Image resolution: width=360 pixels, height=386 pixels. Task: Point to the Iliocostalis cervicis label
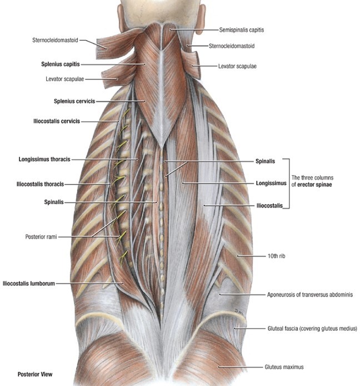[57, 121]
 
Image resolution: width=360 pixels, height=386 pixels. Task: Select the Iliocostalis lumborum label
[28, 283]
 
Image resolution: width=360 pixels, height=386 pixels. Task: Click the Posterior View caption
[35, 374]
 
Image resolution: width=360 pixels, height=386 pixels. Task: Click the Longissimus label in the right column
[271, 182]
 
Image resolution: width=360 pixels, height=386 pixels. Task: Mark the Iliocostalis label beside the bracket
[269, 205]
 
